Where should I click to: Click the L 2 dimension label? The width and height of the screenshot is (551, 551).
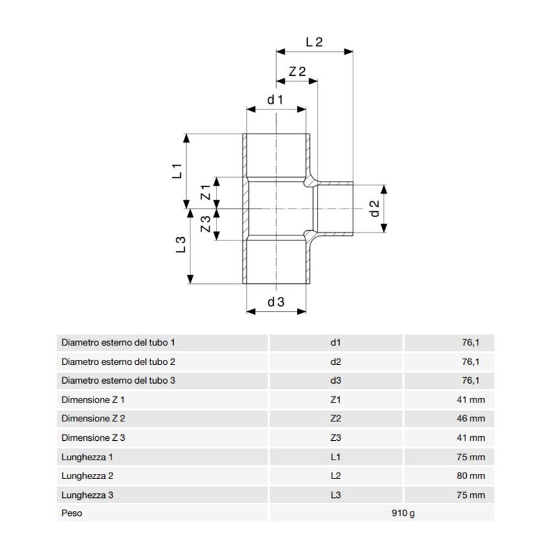(x=314, y=41)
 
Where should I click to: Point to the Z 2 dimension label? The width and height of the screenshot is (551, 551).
(x=297, y=72)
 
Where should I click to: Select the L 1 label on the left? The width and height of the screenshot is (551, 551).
(x=176, y=172)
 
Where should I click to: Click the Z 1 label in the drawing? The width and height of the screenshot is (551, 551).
(x=205, y=192)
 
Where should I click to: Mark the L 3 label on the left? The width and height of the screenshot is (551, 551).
(x=181, y=244)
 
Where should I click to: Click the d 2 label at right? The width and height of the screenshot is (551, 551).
(x=374, y=209)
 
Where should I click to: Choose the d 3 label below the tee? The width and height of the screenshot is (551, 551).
(x=275, y=301)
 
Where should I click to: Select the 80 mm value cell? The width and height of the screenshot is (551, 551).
(x=471, y=476)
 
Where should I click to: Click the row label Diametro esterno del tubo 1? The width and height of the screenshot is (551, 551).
(x=118, y=342)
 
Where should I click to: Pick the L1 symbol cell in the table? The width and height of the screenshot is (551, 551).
(x=335, y=457)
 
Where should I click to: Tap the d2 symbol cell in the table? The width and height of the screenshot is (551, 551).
(x=335, y=361)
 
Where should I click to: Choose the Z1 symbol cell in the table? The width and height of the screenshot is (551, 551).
(x=335, y=399)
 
